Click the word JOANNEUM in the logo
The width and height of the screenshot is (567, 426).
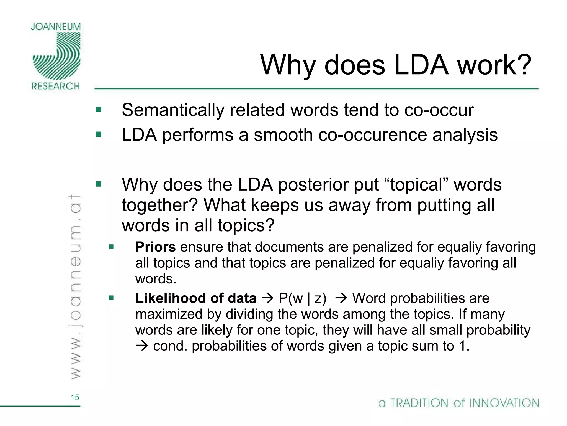[x=56, y=27]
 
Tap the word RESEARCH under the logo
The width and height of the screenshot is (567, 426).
[x=56, y=86]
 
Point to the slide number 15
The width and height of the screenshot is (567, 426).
[x=75, y=397]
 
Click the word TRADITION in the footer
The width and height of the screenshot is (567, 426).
[x=419, y=403]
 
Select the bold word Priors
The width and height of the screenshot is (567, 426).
[x=155, y=247]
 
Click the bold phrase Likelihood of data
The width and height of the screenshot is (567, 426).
[x=196, y=298]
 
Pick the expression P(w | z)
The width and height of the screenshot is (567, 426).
[x=302, y=298]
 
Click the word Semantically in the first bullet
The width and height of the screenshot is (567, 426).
[x=173, y=110]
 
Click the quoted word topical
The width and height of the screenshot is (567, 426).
[x=417, y=184]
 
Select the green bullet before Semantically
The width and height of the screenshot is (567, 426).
[x=99, y=110]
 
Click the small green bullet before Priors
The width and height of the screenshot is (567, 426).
[x=111, y=247]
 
